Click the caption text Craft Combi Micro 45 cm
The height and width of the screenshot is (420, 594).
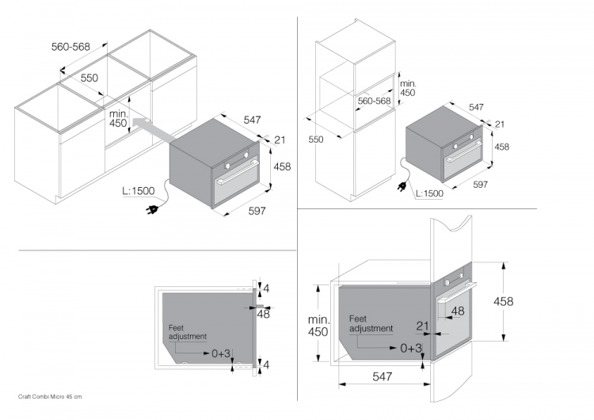click(x=50, y=395)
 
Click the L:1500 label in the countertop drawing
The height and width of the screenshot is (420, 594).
click(x=139, y=190)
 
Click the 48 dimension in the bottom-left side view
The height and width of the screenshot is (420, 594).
click(x=264, y=314)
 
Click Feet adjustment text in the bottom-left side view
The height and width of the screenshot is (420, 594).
click(x=188, y=331)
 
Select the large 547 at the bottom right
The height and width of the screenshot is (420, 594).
click(x=383, y=377)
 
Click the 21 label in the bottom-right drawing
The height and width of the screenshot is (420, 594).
click(x=422, y=326)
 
